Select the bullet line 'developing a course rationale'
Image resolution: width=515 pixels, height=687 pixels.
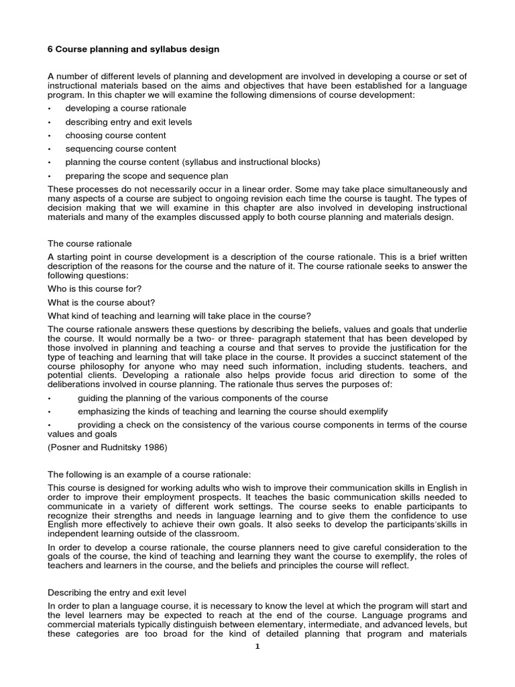click(x=125, y=109)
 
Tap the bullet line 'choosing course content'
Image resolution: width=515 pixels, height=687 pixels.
click(x=115, y=136)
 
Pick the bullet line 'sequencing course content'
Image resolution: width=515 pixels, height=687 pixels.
click(x=121, y=149)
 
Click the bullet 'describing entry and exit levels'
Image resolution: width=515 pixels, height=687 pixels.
click(x=128, y=122)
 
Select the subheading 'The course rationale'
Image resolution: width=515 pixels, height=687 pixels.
click(x=90, y=244)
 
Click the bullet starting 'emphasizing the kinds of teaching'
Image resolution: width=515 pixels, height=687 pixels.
click(x=233, y=411)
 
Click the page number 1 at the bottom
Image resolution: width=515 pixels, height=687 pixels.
click(x=256, y=647)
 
